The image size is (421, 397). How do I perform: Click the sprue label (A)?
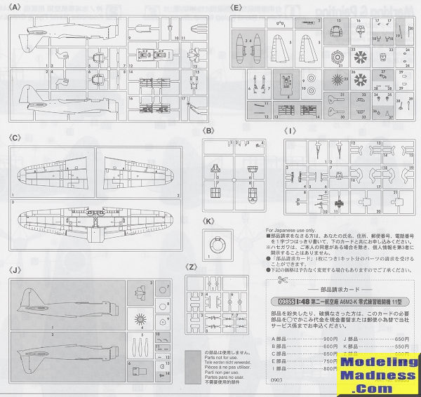tap(13, 7)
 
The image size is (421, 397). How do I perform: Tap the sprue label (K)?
tap(208, 222)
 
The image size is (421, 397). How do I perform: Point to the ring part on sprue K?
tap(218, 246)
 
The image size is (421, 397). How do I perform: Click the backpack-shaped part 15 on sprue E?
tap(335, 32)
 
